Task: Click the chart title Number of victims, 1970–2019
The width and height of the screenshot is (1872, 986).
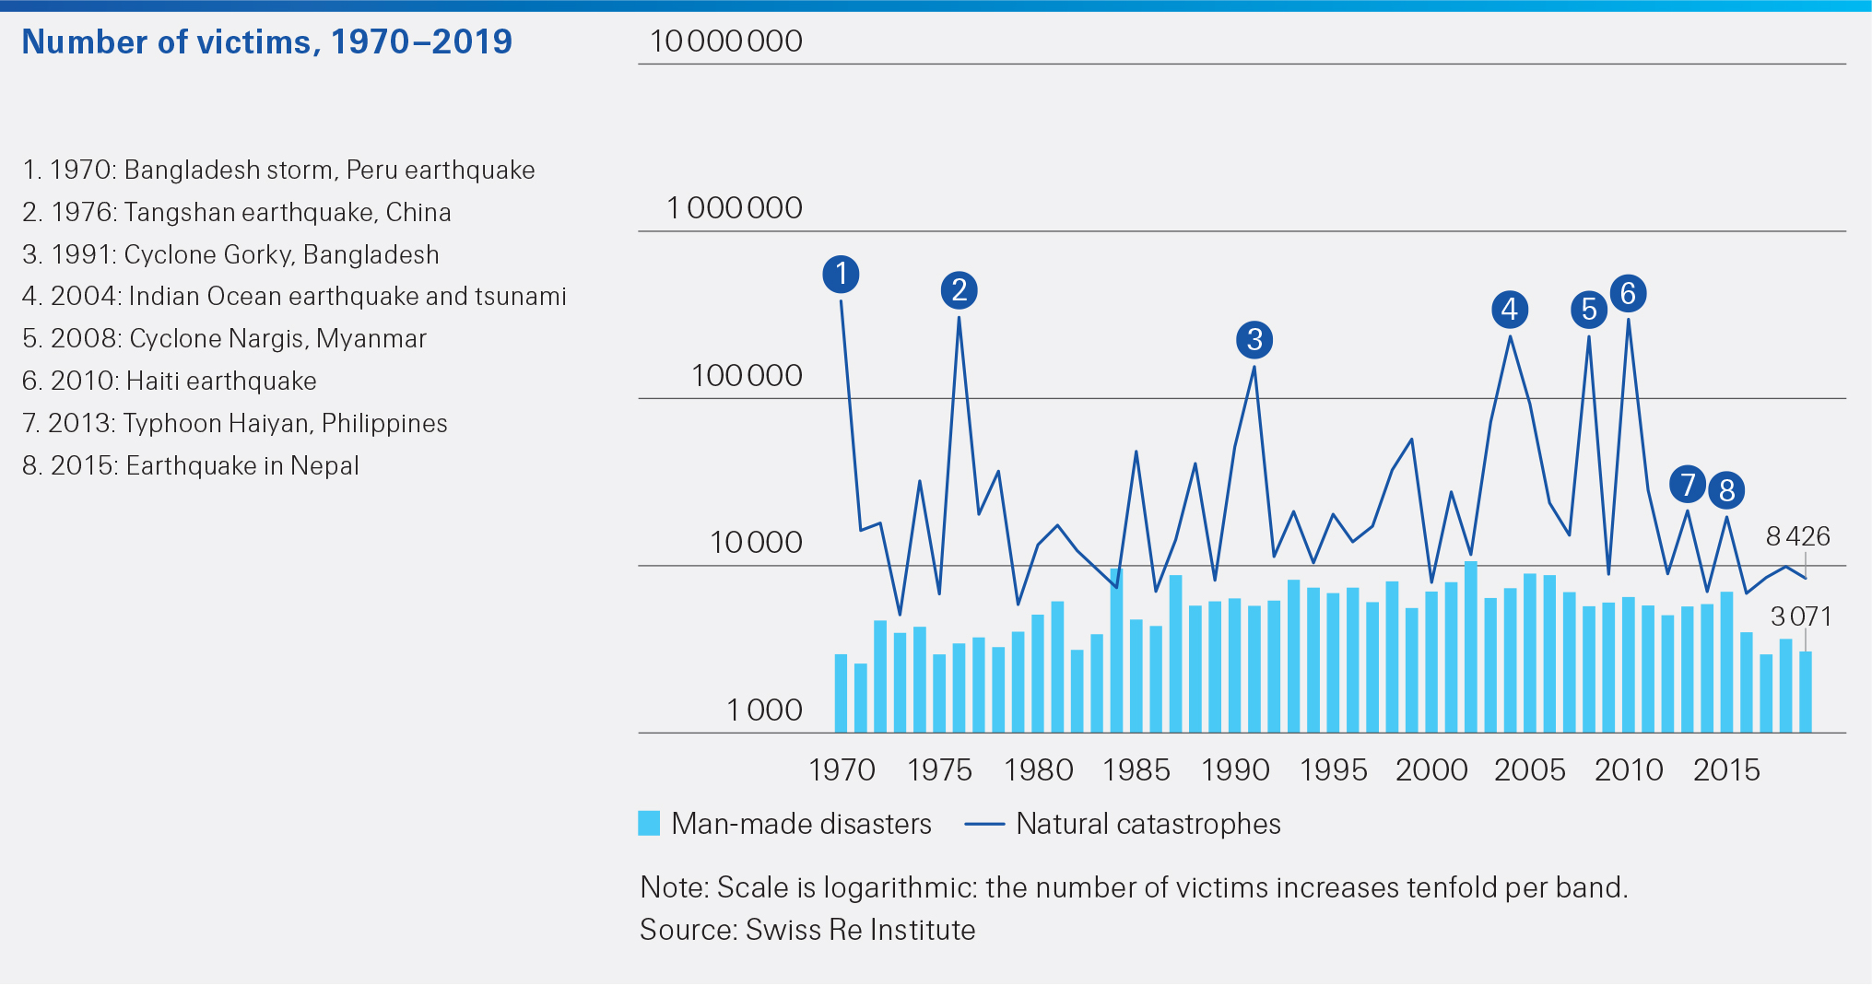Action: pos(266,42)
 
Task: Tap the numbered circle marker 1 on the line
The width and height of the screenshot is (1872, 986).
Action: pos(841,274)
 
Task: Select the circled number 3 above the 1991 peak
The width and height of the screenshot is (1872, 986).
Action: pos(1254,340)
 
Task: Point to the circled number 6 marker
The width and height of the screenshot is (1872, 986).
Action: pos(1628,293)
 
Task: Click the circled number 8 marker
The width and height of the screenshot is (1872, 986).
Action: pos(1726,489)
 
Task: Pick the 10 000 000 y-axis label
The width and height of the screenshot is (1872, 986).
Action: pos(725,41)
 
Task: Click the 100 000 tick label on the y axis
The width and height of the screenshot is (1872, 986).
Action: pos(747,376)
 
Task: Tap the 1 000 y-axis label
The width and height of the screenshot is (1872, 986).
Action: pos(764,710)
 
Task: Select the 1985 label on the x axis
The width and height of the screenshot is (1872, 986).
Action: pos(1136,770)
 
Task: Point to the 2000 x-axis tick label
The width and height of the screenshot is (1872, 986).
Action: pos(1431,770)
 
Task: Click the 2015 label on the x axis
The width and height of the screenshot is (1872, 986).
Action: pos(1726,770)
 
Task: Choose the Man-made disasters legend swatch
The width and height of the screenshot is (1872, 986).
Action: pos(649,824)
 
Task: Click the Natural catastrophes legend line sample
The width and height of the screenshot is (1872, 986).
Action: pos(983,824)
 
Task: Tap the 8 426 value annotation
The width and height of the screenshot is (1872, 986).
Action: pos(1797,536)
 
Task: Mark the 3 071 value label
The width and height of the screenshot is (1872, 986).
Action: pos(1801,616)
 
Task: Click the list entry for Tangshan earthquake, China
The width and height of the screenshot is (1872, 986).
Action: pos(237,213)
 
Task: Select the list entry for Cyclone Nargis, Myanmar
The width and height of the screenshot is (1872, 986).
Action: pos(224,339)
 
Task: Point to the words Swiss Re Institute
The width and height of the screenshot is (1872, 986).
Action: pos(860,930)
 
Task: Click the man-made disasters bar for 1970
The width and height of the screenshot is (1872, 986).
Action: pos(841,693)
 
